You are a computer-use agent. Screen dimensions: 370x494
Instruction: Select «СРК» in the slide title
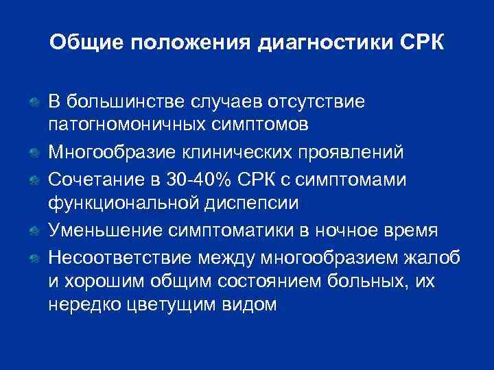(x=420, y=44)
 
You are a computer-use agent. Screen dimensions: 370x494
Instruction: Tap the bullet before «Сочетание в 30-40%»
(x=33, y=180)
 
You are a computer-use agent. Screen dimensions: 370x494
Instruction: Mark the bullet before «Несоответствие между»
(x=33, y=258)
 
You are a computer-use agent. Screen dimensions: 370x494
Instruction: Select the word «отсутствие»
(x=322, y=101)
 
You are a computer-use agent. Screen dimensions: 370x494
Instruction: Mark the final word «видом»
(x=251, y=306)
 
